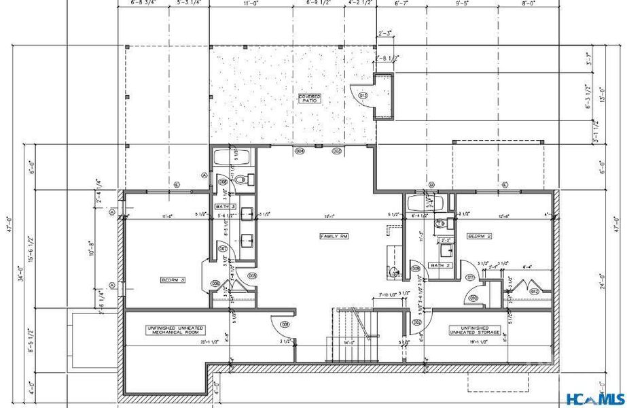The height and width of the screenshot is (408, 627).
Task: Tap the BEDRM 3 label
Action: point(173,280)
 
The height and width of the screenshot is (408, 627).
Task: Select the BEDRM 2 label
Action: point(479,236)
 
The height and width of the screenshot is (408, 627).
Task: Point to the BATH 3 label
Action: point(226,206)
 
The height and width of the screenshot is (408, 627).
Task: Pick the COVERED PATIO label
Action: point(310,99)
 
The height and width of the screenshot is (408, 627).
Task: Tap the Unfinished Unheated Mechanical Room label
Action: point(172,331)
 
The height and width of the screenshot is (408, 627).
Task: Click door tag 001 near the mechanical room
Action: point(285,324)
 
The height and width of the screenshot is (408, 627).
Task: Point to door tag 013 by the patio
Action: point(363,96)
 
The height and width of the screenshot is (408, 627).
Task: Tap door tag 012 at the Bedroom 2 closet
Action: point(535,291)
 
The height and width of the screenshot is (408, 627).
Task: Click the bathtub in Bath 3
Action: point(232,158)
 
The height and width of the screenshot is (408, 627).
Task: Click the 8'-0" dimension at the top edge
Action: point(528,3)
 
